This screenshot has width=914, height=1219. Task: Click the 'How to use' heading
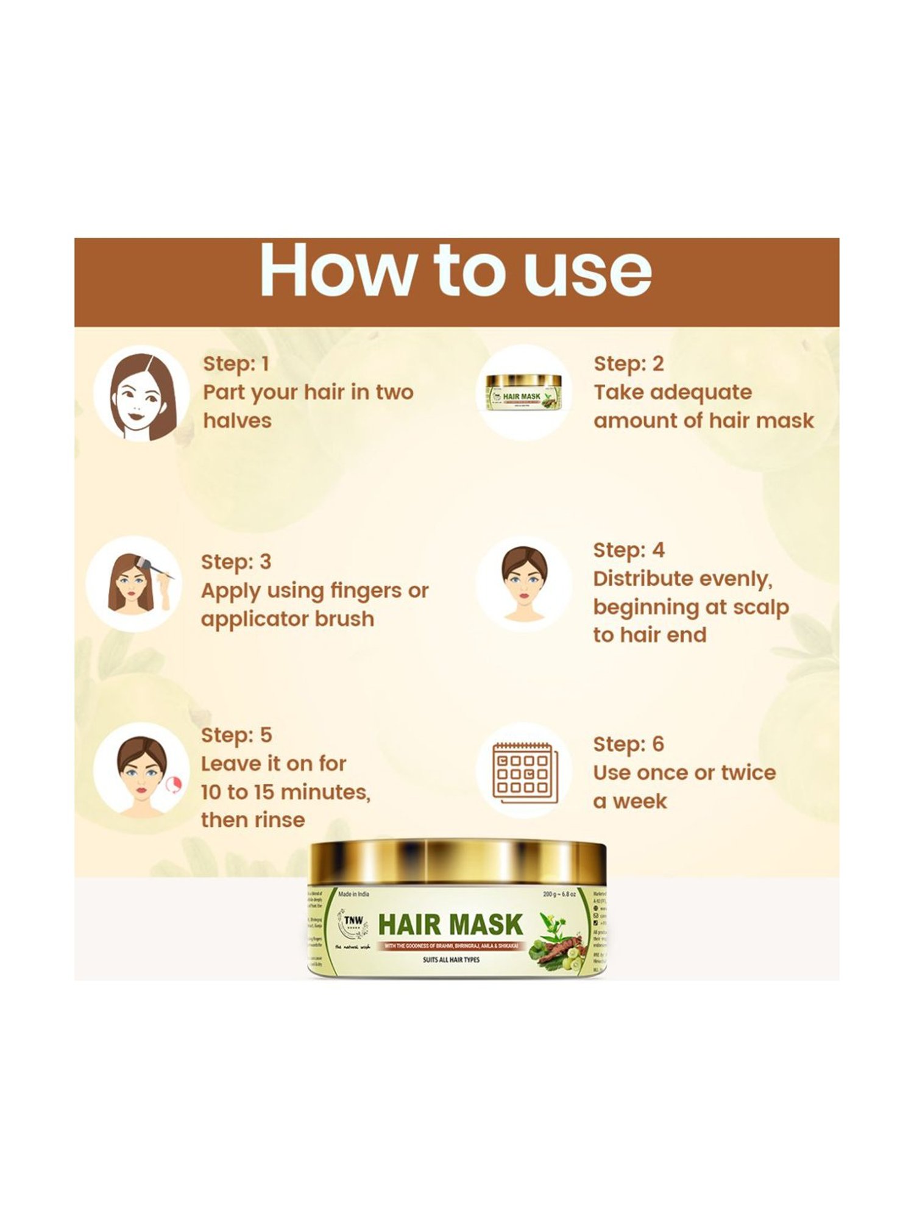pyautogui.click(x=456, y=270)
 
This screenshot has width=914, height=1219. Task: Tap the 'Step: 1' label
pyautogui.click(x=236, y=364)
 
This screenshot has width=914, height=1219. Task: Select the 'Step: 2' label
pyautogui.click(x=628, y=364)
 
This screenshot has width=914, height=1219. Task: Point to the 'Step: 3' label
pyautogui.click(x=236, y=561)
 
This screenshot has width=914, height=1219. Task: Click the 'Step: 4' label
pyautogui.click(x=628, y=550)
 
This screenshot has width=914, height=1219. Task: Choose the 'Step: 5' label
pyautogui.click(x=236, y=735)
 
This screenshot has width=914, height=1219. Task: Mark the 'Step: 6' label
pyautogui.click(x=628, y=744)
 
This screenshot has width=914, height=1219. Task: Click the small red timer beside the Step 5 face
pyautogui.click(x=174, y=784)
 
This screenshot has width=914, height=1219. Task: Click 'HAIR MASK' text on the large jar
pyautogui.click(x=450, y=925)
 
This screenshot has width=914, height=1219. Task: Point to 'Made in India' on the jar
pyautogui.click(x=353, y=894)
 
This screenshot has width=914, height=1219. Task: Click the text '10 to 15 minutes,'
pyautogui.click(x=285, y=792)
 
